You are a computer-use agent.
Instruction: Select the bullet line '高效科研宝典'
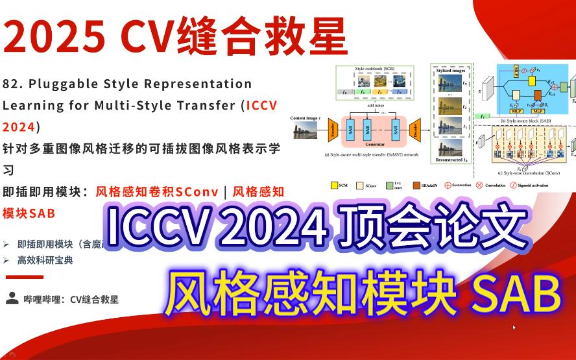[x=45, y=260]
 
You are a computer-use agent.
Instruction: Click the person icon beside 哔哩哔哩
[x=12, y=298]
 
